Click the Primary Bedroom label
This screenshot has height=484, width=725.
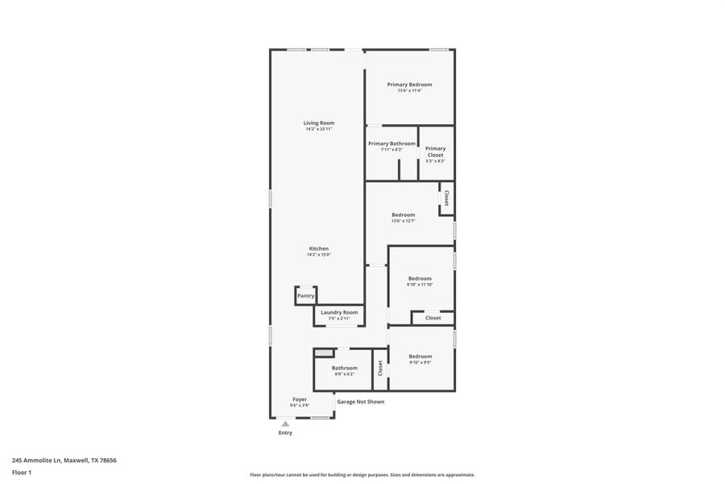coord(409,85)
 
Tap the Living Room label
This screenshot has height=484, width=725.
coord(319,123)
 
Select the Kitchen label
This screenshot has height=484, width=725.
coord(319,248)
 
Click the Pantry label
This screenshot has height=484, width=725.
coord(306,296)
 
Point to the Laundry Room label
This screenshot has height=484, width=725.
coord(339,312)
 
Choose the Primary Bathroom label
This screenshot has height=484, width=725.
coord(391,144)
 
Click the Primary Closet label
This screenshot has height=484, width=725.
coord(435,152)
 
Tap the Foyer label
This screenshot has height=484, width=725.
coord(300,399)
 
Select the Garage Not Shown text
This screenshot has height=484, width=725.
coord(360,402)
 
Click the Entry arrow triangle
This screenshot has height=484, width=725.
coord(285,423)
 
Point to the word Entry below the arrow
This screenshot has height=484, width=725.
coord(285,433)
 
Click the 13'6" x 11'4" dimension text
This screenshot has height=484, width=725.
coord(409,91)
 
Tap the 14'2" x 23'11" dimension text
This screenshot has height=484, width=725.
coord(319,129)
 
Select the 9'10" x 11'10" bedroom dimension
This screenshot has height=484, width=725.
coord(420,285)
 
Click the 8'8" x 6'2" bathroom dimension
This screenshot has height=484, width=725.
coord(344,374)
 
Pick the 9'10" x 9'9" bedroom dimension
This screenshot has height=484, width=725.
coord(420,362)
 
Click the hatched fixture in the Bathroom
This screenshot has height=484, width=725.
coord(324,353)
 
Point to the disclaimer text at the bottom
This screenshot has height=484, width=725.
coord(362,475)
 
